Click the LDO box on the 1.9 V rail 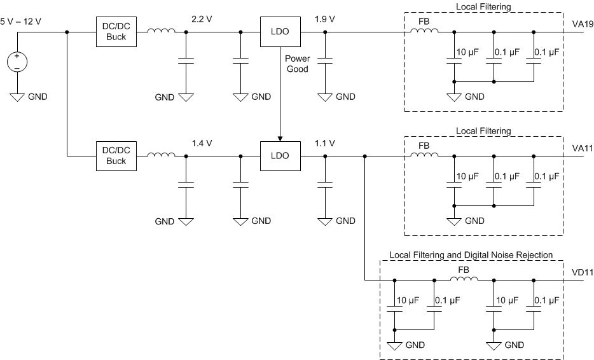click(279, 31)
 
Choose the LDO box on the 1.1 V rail click(279, 156)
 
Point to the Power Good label click(296, 64)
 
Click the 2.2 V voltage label click(202, 19)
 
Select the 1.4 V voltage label click(202, 144)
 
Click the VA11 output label click(582, 148)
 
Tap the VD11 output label click(582, 272)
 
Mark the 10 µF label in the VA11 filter click(469, 176)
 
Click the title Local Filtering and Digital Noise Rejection click(471, 254)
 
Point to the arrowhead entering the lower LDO click(279, 139)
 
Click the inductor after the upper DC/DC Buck click(161, 31)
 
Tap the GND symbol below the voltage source click(17, 97)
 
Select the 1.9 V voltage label click(325, 19)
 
